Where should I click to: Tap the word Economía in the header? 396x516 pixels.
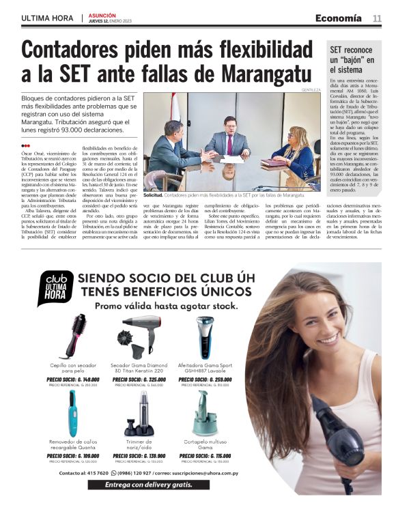tap(339, 17)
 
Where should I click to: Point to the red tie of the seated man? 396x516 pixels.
tap(229, 143)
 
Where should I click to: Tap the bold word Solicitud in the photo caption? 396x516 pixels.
tap(156, 195)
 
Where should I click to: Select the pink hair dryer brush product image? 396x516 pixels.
tap(74, 334)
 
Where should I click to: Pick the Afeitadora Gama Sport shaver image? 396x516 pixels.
tap(205, 336)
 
